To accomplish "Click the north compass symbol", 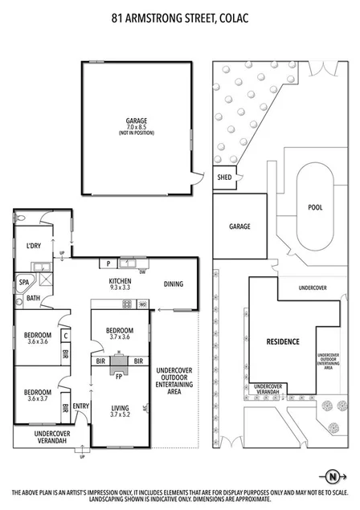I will (x=329, y=473).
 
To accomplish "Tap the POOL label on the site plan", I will (x=315, y=206).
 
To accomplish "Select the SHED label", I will (x=223, y=178).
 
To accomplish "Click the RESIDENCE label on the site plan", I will (x=283, y=341).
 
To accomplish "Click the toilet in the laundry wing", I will (x=22, y=218).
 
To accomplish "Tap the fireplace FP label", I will (x=119, y=375).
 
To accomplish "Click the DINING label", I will (x=173, y=284).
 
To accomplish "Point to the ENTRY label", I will (x=81, y=406).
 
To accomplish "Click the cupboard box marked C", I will (x=65, y=336).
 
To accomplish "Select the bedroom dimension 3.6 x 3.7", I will (x=37, y=399).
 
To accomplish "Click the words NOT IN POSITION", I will (x=136, y=133).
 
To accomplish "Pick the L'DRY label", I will (x=34, y=245).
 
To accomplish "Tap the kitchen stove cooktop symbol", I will (x=125, y=304).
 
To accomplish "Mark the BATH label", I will (x=32, y=298).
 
